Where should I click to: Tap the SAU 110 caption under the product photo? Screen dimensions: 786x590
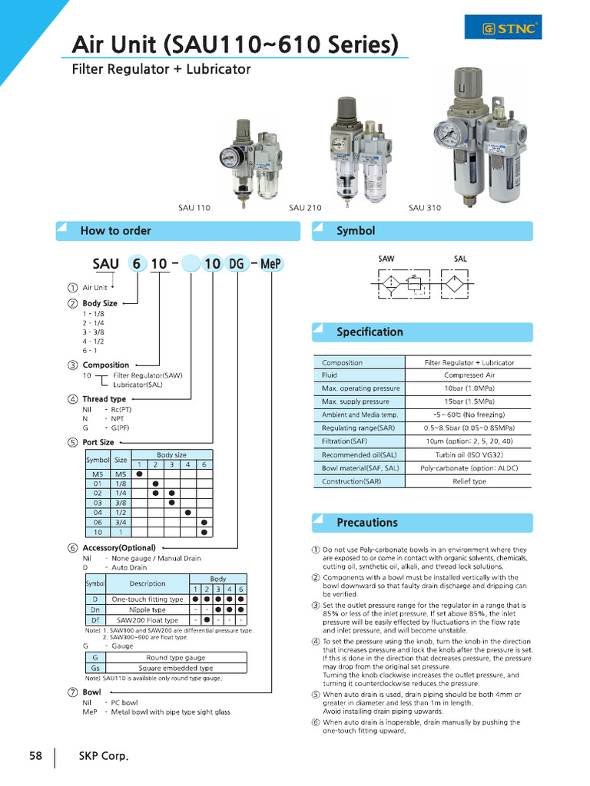(194, 208)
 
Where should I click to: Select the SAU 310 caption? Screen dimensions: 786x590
(425, 208)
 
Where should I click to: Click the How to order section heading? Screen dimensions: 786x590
(116, 231)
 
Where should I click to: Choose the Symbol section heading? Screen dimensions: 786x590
(356, 231)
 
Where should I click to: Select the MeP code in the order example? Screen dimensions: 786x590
(272, 264)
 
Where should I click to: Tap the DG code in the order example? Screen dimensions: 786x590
(237, 264)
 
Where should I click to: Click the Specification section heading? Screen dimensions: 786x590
(370, 332)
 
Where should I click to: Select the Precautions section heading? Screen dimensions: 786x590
(366, 523)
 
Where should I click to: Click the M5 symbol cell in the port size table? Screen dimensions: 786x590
(97, 474)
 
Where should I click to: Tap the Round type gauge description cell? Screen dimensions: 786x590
(176, 657)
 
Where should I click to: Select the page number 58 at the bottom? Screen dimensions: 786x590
(35, 756)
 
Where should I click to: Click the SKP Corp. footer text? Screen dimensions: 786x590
(104, 756)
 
